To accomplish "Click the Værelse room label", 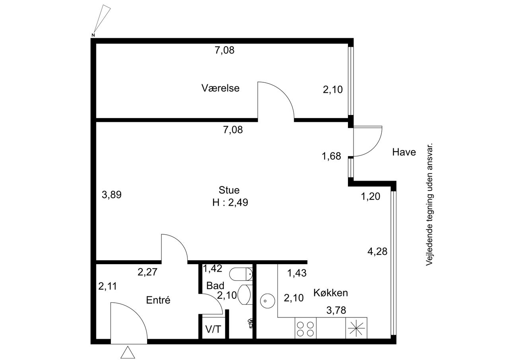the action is coord(220,88).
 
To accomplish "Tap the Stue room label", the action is coord(229,190).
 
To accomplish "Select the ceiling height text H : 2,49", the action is coord(230,202).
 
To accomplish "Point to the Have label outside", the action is coord(404,152).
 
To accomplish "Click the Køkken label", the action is coord(330,293).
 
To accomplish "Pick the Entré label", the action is coord(158,300).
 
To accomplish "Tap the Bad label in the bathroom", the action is coord(215,286).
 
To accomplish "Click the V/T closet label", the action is coord(213,329).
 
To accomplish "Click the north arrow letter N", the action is coord(93,35).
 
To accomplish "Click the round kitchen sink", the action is coord(268,301).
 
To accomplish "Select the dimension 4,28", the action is coord(377,251).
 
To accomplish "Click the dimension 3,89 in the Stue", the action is coord(112,195).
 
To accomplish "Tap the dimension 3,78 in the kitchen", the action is coord(336,310).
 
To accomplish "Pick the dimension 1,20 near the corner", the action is coord(370,197).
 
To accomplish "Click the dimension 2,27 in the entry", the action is coord(148,272).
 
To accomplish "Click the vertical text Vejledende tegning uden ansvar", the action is coord(429,204).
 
